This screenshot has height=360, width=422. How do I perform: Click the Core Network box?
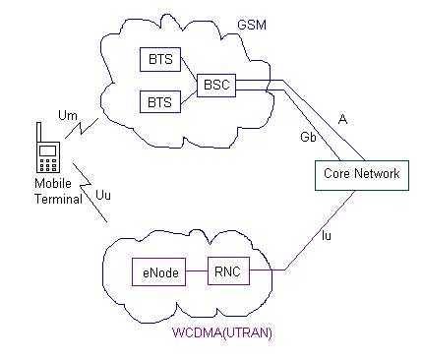362,174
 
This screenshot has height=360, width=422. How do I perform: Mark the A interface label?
342,118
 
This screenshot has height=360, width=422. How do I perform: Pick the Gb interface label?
309,140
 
